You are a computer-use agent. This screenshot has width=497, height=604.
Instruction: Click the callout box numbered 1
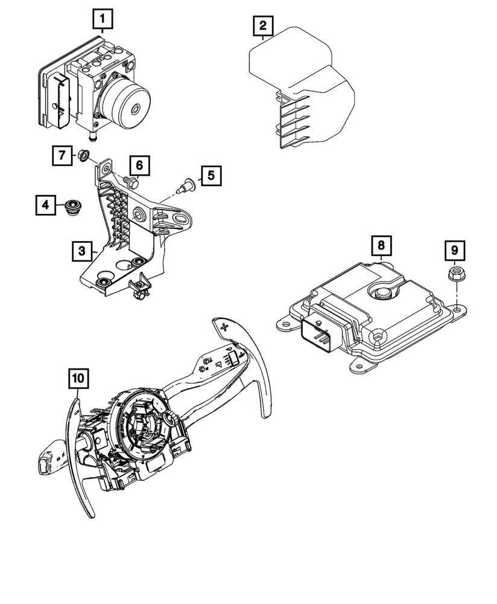point(103,20)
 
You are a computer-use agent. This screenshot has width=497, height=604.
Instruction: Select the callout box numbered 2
point(262,26)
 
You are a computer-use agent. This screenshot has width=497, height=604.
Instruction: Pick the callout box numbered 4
point(45,205)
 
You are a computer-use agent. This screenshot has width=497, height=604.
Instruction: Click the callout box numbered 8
point(381,246)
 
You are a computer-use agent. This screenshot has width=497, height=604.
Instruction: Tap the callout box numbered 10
point(78,379)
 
